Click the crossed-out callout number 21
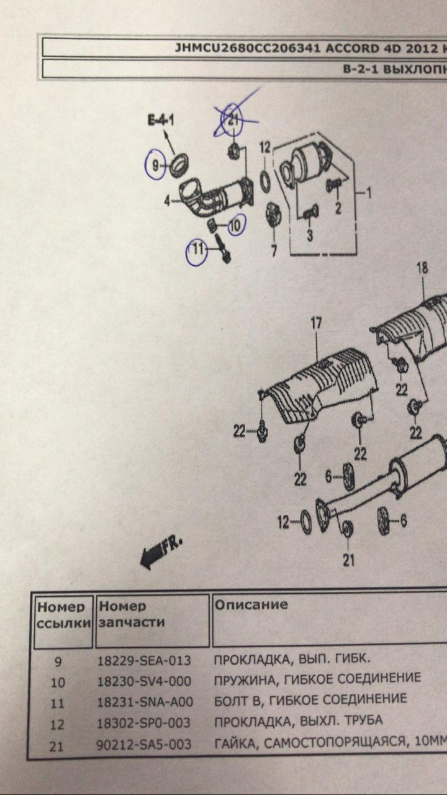(233, 120)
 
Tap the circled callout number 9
(155, 165)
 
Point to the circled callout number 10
(235, 226)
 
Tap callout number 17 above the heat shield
(316, 323)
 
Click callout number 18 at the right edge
(422, 268)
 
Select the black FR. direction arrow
(160, 552)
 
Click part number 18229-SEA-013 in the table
(144, 660)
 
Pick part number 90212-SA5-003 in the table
(144, 743)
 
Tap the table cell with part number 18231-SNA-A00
(145, 702)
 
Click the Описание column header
(251, 604)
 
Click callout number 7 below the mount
(273, 251)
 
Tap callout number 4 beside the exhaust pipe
(167, 201)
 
